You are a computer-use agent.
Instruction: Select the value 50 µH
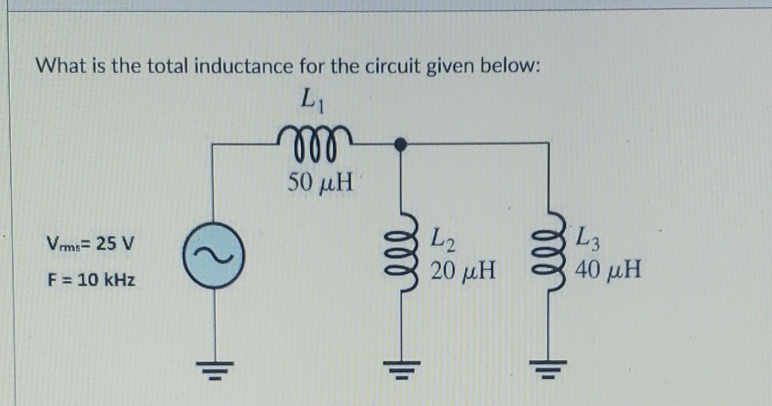click(320, 182)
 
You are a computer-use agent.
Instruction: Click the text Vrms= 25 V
click(91, 244)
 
